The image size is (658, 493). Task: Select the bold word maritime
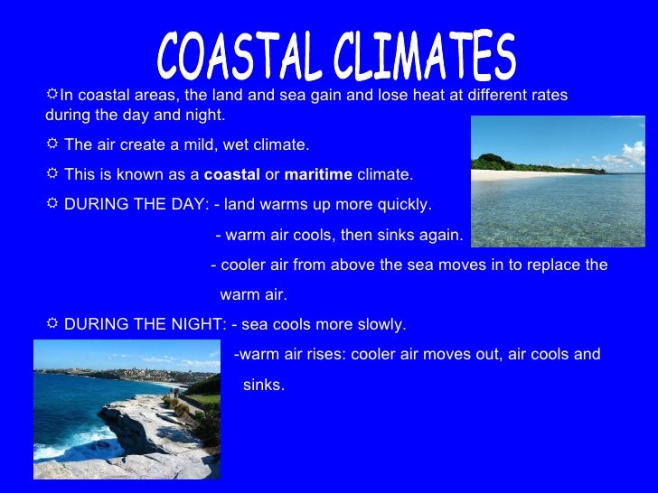[x=318, y=174]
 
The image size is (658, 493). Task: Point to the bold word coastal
[x=232, y=174]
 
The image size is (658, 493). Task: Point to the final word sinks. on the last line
[x=264, y=385]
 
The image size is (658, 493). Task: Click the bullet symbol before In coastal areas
[x=52, y=94]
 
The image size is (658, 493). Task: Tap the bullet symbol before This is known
[x=52, y=173]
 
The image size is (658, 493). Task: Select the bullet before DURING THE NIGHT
[x=52, y=323]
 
